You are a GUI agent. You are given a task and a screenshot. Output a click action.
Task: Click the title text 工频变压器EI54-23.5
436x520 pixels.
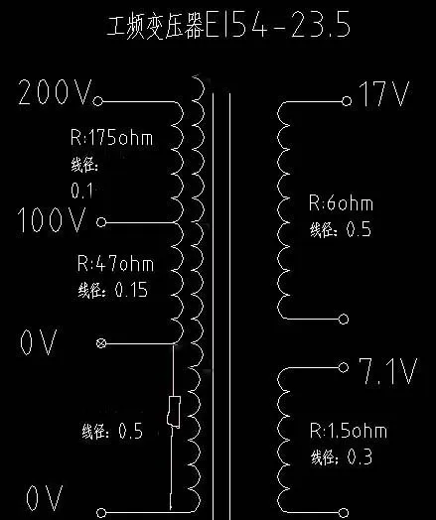coord(228,25)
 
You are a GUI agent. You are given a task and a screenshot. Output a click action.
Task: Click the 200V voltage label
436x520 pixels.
coord(55,92)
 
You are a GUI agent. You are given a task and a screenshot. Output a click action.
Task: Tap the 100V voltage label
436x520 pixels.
coord(52,219)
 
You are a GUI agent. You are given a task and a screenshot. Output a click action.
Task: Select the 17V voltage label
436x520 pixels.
coord(384,94)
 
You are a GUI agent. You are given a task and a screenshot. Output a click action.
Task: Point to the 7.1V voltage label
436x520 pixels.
coord(387,371)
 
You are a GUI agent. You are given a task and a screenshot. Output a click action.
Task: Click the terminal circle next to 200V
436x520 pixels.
coord(98,101)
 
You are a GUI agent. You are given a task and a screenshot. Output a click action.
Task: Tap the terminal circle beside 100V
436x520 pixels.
coord(101,222)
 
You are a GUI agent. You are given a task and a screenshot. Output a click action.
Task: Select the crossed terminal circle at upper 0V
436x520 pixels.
coord(101,343)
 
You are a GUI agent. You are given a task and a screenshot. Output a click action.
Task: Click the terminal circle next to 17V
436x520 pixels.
coord(347,101)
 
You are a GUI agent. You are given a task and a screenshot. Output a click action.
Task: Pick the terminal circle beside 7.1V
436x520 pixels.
coord(344,367)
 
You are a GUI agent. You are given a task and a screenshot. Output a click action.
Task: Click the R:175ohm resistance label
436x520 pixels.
coord(112,138)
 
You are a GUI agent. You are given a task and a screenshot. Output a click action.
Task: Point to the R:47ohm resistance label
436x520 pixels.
coord(115,264)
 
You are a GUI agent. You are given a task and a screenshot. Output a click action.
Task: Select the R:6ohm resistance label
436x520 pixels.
coord(341,202)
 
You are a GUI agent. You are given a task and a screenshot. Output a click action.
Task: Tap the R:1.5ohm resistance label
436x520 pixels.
coord(349,431)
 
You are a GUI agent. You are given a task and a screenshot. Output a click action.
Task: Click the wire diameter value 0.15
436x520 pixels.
coord(131,290)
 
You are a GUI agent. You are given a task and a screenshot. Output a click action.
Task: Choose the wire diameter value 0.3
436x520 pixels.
coord(360,457)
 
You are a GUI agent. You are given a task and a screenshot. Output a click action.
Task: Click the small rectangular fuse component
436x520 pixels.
coord(174,411)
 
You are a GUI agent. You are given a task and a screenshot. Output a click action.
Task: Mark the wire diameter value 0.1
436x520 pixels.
coord(81,191)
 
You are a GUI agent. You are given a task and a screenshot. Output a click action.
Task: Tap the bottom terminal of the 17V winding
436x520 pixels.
coord(344,319)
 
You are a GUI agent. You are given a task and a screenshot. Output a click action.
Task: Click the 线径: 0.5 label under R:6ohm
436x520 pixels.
coord(341,229)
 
